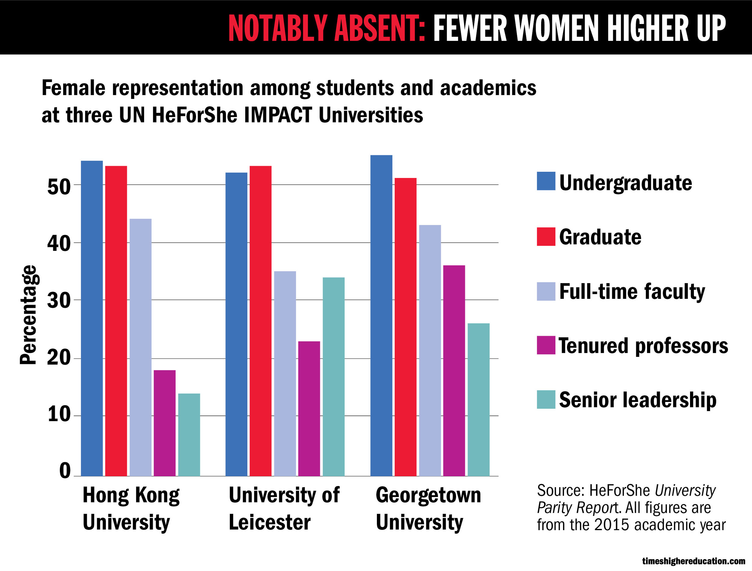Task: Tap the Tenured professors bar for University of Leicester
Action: coord(309,408)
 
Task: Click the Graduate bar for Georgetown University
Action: coord(405,327)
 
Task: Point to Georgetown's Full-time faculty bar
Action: coord(430,350)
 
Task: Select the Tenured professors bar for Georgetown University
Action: coord(454,370)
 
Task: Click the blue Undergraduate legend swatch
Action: coord(546,181)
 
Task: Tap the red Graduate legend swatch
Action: coord(546,236)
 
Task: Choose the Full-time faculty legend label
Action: coord(632,292)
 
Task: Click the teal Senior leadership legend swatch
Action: coord(546,399)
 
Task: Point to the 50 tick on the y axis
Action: coord(59,187)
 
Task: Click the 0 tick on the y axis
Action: coord(65,471)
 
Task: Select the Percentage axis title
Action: coord(28,315)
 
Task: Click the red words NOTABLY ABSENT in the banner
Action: coord(327,28)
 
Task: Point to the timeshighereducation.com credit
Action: coord(693,561)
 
